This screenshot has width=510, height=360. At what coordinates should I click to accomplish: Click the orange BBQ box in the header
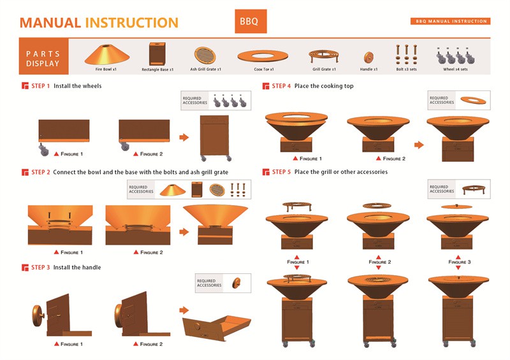click(251, 21)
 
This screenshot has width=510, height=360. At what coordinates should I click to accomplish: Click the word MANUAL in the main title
click(50, 23)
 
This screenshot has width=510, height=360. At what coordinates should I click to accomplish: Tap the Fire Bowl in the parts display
click(107, 55)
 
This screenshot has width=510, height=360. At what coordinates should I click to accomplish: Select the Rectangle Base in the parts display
click(157, 54)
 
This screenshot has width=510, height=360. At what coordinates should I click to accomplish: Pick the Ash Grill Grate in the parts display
click(205, 55)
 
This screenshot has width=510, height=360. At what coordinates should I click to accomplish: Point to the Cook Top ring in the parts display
click(263, 56)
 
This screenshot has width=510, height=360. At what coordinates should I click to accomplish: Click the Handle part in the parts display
click(368, 57)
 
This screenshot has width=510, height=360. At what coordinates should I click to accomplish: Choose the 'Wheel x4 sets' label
click(455, 69)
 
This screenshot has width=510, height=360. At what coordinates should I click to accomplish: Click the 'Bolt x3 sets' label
click(406, 69)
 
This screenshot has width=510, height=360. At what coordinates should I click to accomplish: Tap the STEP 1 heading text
click(40, 86)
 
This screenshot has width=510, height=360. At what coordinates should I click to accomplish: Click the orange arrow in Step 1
click(184, 137)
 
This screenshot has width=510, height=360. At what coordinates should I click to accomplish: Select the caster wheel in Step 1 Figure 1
click(43, 150)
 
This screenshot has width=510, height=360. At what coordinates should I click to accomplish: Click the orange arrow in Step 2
click(184, 232)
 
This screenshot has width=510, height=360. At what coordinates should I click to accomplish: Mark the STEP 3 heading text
click(40, 268)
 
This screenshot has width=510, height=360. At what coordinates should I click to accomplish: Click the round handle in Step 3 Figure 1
click(38, 316)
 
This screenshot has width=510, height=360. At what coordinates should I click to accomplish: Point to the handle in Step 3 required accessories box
click(237, 283)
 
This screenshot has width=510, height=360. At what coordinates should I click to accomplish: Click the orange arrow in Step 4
click(419, 145)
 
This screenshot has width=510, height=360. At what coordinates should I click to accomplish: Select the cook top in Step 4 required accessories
click(473, 101)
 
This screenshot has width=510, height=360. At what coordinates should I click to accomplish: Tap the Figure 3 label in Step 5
click(459, 262)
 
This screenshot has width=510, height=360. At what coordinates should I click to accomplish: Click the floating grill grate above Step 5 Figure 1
click(296, 206)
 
